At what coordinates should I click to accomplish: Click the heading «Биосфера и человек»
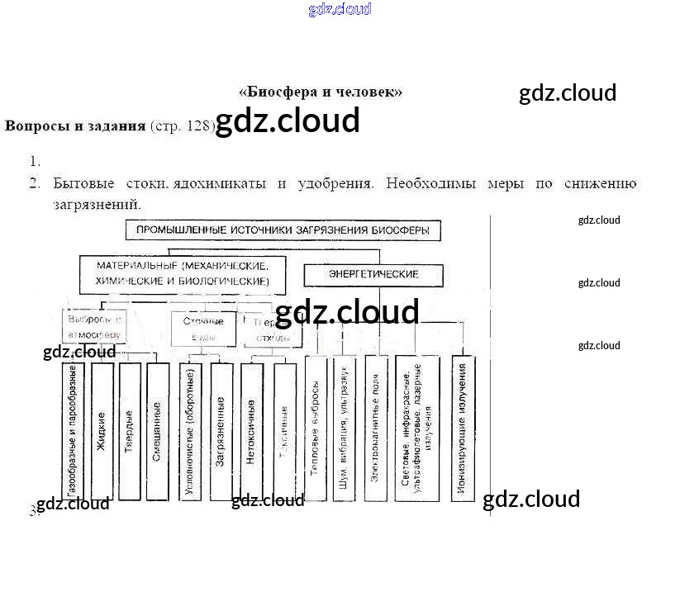pos(321,92)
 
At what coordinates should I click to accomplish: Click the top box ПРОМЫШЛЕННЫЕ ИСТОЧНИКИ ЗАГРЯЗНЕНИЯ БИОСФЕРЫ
pos(283,230)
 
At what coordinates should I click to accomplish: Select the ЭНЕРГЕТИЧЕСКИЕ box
pos(373,274)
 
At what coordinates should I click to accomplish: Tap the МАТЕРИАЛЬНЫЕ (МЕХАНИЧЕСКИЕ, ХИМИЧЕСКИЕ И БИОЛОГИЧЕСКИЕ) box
pos(183,274)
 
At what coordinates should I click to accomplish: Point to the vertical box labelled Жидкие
pos(102,431)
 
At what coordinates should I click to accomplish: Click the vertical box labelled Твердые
pos(130,431)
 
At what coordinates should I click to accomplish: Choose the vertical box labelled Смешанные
pos(157,431)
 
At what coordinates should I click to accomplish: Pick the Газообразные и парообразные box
pos(74,431)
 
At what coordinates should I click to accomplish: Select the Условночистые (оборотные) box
pos(190,431)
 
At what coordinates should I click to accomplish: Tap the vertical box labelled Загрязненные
pos(221,431)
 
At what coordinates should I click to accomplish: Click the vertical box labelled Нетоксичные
pos(251,431)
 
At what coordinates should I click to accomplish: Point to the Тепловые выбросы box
pos(316,428)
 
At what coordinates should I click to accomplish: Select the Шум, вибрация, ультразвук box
pos(344,428)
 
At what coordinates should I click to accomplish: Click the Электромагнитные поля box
pos(375,428)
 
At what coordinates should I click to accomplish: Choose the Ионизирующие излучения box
pos(463,428)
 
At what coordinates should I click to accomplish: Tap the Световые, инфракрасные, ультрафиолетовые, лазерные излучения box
pos(417,428)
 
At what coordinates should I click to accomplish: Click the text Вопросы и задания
pos(75,125)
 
